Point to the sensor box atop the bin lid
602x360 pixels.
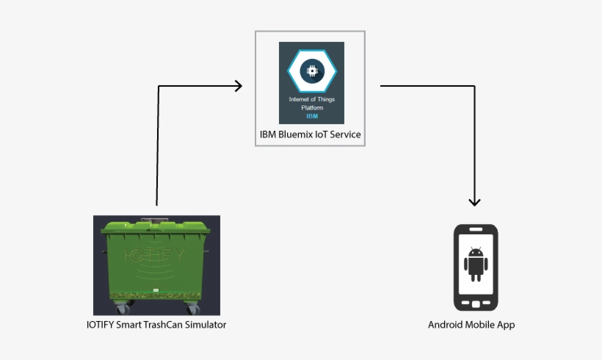tap(154, 219)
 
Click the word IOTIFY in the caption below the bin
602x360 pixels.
tap(101, 324)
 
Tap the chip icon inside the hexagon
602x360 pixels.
tap(312, 70)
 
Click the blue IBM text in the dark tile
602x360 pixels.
tap(311, 116)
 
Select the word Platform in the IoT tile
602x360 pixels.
tap(311, 107)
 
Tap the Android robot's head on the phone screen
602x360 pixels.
tap(476, 253)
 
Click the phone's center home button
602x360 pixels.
tap(476, 303)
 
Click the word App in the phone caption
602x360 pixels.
tap(505, 324)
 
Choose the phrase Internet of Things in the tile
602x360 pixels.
tap(311, 98)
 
